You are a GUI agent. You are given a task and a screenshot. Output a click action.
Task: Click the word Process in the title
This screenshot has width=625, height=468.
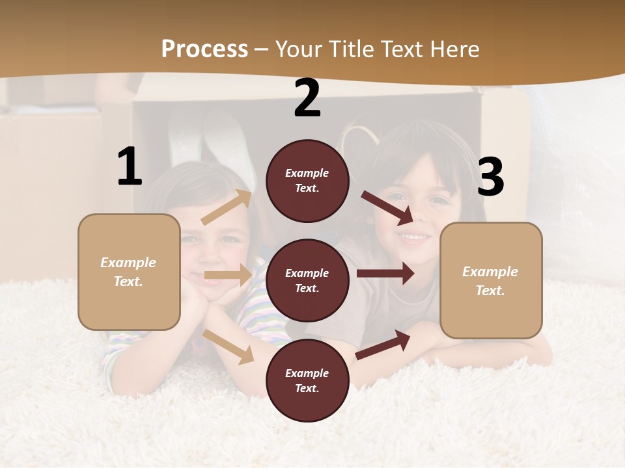tap(204, 49)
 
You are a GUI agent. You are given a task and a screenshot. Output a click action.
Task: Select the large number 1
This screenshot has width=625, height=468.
tap(130, 167)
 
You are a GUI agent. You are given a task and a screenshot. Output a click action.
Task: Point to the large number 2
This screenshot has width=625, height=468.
tap(307, 98)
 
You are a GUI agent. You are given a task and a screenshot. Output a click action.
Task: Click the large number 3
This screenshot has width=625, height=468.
tap(490, 177)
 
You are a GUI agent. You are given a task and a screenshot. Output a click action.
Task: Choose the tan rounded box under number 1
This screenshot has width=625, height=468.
tap(129, 272)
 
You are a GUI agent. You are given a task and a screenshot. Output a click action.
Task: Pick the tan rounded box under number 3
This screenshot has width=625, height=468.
tap(491, 281)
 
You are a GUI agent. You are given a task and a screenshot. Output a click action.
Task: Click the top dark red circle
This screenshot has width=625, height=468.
tap(307, 181)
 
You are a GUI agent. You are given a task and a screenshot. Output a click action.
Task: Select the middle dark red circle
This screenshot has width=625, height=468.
tap(307, 280)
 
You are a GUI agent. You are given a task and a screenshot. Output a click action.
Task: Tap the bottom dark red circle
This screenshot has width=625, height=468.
tap(307, 380)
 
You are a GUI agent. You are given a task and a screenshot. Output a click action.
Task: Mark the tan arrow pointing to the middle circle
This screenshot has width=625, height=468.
tap(228, 275)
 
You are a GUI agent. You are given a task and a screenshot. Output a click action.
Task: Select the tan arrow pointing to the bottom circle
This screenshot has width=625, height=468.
tap(229, 346)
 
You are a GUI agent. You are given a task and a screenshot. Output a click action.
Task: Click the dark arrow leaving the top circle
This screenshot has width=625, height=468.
tap(387, 207)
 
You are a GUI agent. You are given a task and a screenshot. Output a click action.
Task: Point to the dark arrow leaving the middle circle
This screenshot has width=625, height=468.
tap(385, 273)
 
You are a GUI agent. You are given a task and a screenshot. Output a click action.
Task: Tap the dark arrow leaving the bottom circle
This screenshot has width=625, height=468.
tap(383, 344)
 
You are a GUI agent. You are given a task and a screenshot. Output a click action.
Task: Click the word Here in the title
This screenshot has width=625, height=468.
tap(454, 49)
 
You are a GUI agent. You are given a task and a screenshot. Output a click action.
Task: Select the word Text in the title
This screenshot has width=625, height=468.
tap(404, 49)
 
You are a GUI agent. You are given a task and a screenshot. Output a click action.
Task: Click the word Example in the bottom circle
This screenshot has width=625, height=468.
tap(307, 373)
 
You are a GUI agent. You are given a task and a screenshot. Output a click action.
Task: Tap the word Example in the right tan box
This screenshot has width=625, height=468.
tap(490, 272)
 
